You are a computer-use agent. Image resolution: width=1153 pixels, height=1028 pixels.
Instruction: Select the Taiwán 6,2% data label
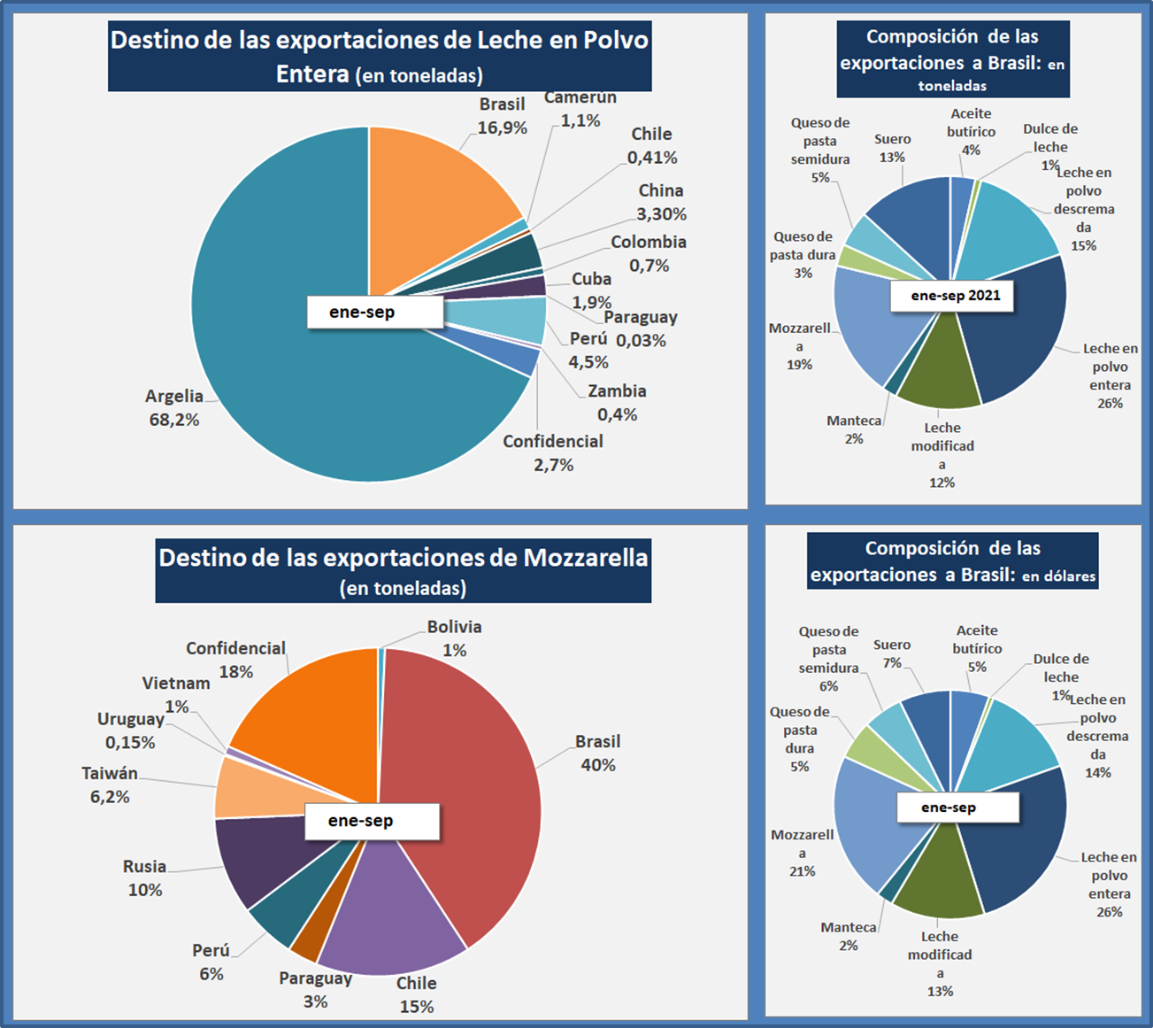point(110,785)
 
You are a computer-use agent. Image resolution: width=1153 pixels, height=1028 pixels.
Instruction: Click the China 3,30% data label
point(661,202)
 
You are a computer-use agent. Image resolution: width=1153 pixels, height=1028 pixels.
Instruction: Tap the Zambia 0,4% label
point(617,403)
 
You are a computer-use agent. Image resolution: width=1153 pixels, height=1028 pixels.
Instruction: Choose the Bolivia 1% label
point(454,638)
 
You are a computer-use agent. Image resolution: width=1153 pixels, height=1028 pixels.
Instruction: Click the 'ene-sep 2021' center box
point(956,296)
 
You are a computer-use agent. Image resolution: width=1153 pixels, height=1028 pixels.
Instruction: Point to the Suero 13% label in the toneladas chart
point(892,148)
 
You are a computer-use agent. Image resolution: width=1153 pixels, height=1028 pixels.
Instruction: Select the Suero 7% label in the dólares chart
point(891,653)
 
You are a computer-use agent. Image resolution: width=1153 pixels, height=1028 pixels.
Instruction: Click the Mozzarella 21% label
point(802,853)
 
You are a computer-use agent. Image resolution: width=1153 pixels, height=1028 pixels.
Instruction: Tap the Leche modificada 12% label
point(942,455)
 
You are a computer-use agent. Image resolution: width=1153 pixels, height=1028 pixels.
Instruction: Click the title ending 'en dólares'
point(952,561)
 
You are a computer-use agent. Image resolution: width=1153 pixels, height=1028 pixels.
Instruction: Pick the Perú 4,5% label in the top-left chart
point(588,350)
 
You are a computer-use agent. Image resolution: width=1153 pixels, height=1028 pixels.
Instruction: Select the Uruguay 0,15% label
point(130,730)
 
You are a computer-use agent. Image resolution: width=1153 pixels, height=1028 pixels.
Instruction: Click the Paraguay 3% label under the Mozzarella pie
point(315,990)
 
